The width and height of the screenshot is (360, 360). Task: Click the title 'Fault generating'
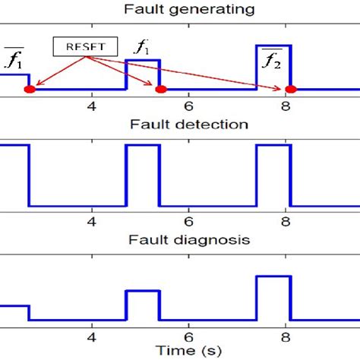pos(179,10)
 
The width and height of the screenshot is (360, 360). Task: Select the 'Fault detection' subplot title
pos(179,124)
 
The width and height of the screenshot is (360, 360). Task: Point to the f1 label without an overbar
pos(142,48)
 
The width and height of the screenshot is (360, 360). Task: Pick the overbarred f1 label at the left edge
pos(13,58)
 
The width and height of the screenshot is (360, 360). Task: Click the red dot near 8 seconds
pos(290,90)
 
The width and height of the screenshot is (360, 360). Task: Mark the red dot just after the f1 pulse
pos(159,90)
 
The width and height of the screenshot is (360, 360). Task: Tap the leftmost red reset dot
pos(29,90)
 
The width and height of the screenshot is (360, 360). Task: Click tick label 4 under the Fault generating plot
pos(93,107)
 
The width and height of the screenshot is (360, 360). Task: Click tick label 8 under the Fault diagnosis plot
pos(287,335)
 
